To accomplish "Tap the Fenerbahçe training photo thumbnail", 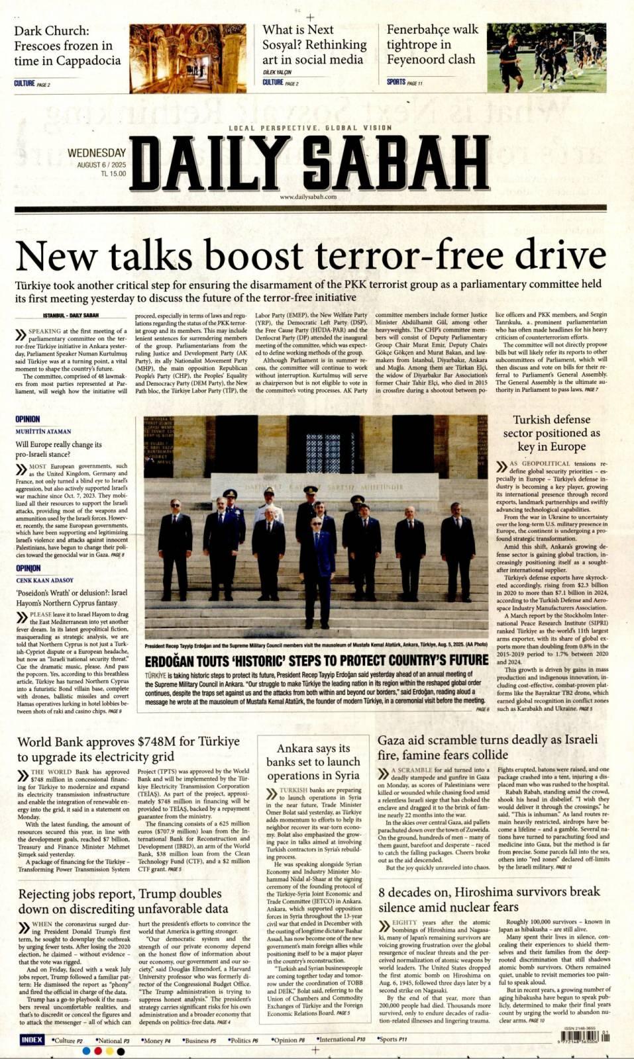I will click(546, 58).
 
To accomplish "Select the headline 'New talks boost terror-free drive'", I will click(310, 255).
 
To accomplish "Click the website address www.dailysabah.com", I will click(308, 197).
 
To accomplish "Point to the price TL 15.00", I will click(113, 173).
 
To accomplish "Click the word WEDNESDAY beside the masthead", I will click(97, 153).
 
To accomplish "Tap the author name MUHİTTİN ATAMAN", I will click(43, 432).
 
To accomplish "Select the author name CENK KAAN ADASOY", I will click(45, 580).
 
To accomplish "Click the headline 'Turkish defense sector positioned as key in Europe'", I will click(551, 433).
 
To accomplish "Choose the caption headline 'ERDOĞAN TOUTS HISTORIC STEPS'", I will click(316, 661).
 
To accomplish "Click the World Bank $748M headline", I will click(129, 749).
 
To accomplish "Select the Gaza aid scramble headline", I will click(488, 747).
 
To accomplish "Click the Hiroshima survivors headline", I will click(489, 899).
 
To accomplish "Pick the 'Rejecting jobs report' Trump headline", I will click(123, 901).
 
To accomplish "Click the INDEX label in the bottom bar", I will click(32, 1040).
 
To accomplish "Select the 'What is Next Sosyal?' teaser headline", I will click(314, 44).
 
